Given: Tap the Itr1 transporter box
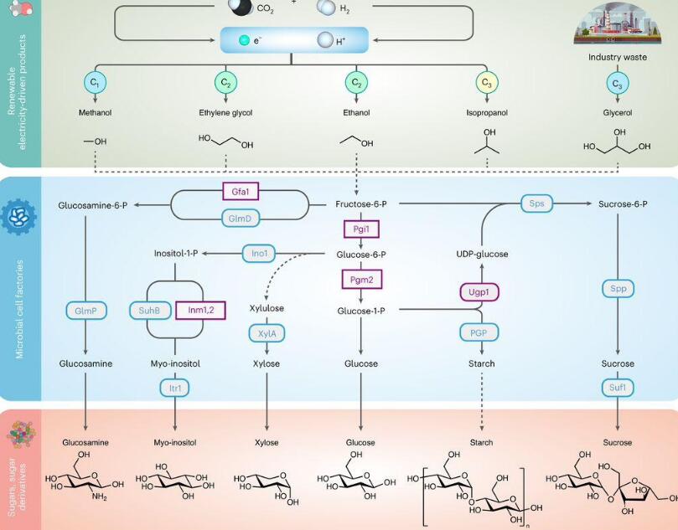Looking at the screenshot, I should coord(176,388).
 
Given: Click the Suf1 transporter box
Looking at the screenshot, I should coord(618,388).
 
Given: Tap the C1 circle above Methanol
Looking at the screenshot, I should coord(95,83).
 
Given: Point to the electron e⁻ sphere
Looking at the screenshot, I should coord(244,40).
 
